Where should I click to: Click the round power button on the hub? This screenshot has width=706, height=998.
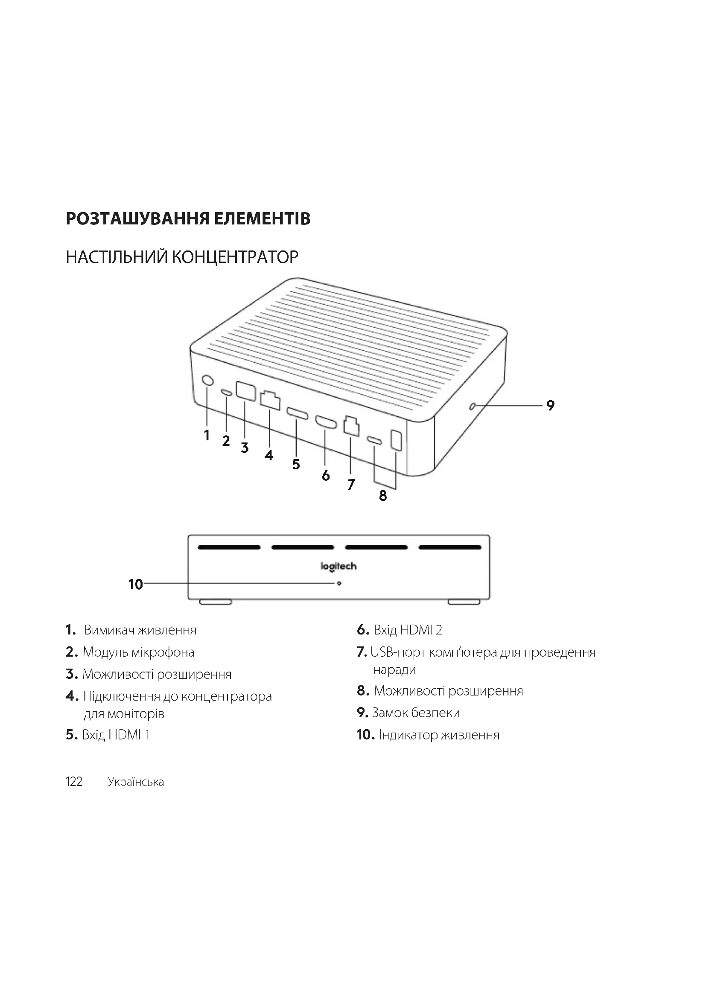tap(208, 380)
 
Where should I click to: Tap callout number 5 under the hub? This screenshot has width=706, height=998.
tap(296, 464)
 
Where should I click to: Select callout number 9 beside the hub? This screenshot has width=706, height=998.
tap(550, 405)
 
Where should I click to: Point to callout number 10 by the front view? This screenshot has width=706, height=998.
tap(136, 584)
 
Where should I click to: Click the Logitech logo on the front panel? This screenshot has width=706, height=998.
tap(338, 566)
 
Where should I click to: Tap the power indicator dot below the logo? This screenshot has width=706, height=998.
tap(339, 583)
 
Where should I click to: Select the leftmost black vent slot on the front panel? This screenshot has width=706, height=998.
tap(229, 547)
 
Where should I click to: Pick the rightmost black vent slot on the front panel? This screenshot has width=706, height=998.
tap(450, 547)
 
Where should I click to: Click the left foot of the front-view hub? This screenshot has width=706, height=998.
tap(216, 602)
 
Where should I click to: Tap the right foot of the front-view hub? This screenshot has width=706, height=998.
tap(464, 602)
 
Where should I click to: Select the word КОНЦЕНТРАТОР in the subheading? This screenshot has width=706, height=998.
tap(235, 257)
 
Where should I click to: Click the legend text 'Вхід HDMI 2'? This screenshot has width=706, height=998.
tap(408, 630)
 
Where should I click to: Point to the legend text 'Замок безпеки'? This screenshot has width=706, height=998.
tap(416, 713)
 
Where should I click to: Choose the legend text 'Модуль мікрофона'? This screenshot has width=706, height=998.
tap(138, 652)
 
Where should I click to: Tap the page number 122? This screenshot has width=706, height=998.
tap(74, 782)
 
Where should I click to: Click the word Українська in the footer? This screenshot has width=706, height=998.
tap(136, 782)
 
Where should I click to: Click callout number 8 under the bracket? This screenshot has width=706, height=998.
tap(383, 495)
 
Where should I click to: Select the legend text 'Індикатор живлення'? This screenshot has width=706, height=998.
tap(439, 735)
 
